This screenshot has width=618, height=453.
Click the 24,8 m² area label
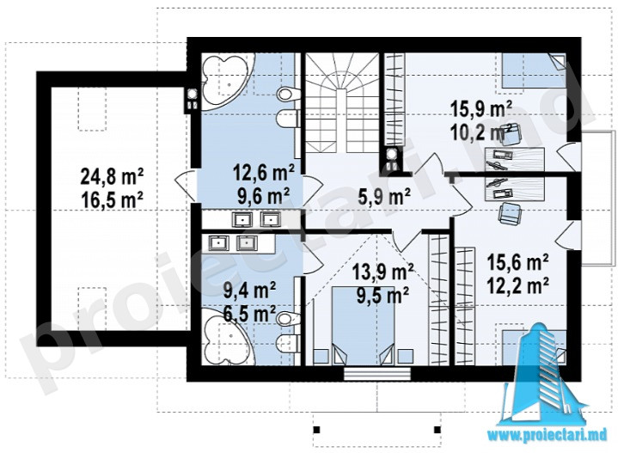click(112, 177)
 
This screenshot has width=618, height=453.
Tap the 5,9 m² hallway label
click(384, 195)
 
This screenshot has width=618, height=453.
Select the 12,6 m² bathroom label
click(263, 173)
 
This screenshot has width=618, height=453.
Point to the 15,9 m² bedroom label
click(481, 110)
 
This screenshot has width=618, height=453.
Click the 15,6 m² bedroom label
click(518, 262)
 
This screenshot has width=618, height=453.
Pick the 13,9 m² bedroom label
click(382, 272)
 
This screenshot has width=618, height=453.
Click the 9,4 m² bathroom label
click(249, 291)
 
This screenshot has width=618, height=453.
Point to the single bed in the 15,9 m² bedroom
click(533, 70)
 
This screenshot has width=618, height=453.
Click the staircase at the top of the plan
click(342, 102)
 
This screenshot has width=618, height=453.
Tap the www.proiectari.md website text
click(547, 435)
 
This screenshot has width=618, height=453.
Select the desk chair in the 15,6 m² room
click(511, 213)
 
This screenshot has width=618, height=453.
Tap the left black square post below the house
click(316, 429)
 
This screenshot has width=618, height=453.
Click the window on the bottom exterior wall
click(377, 374)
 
